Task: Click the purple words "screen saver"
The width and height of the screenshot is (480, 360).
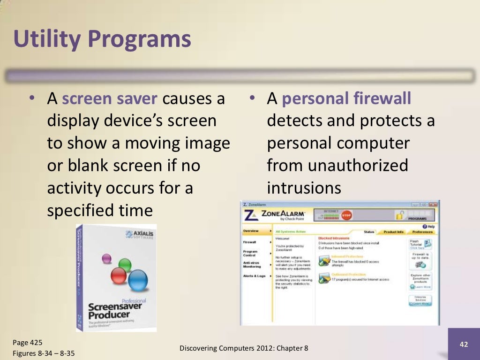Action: pyautogui.click(x=112, y=99)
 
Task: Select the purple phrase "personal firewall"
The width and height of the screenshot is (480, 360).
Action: pyautogui.click(x=346, y=99)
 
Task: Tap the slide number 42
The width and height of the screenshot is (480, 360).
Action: pyautogui.click(x=464, y=345)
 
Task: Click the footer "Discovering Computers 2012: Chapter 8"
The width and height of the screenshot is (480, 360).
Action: pyautogui.click(x=244, y=348)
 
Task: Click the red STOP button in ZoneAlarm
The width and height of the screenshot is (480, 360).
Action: pyautogui.click(x=346, y=215)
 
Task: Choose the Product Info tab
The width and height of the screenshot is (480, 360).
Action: pyautogui.click(x=393, y=232)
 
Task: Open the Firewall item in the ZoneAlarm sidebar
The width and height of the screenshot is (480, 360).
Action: pyautogui.click(x=249, y=242)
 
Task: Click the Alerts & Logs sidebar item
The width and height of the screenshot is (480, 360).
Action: pyautogui.click(x=254, y=276)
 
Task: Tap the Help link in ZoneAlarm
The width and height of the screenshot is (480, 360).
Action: pyautogui.click(x=429, y=226)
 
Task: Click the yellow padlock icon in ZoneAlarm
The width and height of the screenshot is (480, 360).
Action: pyautogui.click(x=399, y=215)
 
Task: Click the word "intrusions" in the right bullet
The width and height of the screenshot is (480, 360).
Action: pyautogui.click(x=303, y=187)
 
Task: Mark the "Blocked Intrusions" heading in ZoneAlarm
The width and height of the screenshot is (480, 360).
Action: pyautogui.click(x=334, y=239)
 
